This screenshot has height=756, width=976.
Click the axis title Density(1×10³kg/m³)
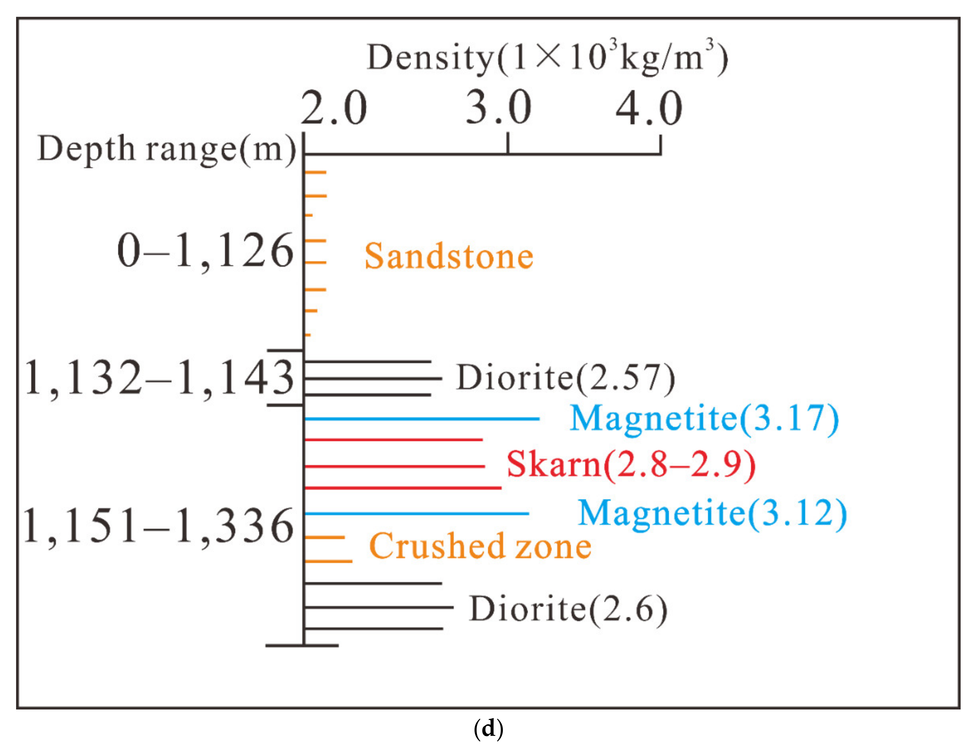tap(547, 58)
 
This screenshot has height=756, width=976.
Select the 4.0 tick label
tap(649, 108)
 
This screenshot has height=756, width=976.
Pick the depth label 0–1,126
tap(205, 252)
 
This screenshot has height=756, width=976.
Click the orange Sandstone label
tap(449, 257)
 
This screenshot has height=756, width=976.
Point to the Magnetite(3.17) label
tap(704, 419)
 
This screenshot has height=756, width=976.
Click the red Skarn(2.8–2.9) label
tap(630, 465)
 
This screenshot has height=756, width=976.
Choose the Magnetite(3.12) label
tap(712, 513)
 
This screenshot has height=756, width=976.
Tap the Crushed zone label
tap(480, 547)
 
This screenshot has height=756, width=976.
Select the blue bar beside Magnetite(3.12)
tap(417, 514)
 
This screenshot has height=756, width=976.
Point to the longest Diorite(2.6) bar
tap(379, 607)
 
